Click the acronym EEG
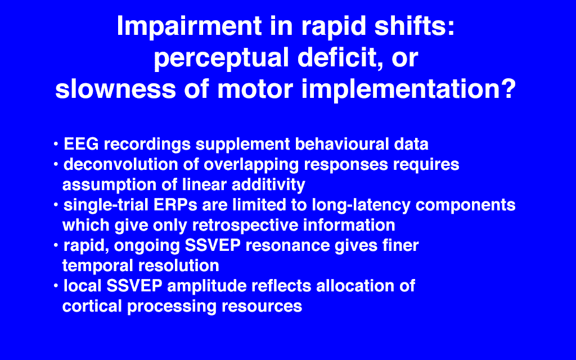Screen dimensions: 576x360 click(81, 143)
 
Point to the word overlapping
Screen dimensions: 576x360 click(251, 165)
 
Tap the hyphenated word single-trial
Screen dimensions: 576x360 click(106, 205)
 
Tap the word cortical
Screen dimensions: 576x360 click(92, 307)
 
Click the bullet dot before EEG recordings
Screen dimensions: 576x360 click(56, 144)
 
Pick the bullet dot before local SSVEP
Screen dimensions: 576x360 click(56, 286)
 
